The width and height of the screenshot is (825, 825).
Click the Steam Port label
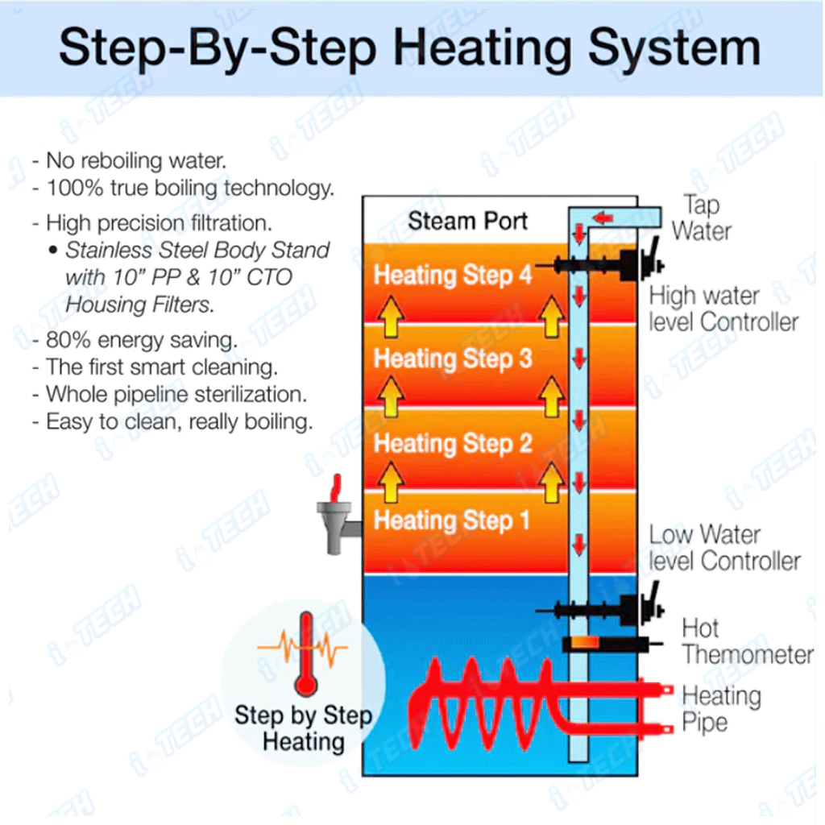[467, 221]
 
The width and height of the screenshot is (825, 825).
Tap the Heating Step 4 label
[453, 276]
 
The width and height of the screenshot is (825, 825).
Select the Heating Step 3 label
[453, 359]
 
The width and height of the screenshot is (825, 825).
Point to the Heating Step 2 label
[453, 444]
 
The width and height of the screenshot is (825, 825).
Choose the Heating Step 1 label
[451, 521]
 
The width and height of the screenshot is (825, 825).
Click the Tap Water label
[702, 218]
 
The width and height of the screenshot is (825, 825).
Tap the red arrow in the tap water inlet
[603, 218]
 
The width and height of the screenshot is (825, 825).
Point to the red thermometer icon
[305, 653]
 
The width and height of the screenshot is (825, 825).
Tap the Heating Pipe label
[721, 709]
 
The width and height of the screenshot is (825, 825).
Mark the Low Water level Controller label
[724, 548]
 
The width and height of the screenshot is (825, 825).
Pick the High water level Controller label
[723, 309]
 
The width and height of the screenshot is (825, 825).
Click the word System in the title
[674, 49]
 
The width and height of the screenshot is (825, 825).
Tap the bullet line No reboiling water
[130, 160]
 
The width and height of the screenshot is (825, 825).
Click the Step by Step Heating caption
[304, 728]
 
